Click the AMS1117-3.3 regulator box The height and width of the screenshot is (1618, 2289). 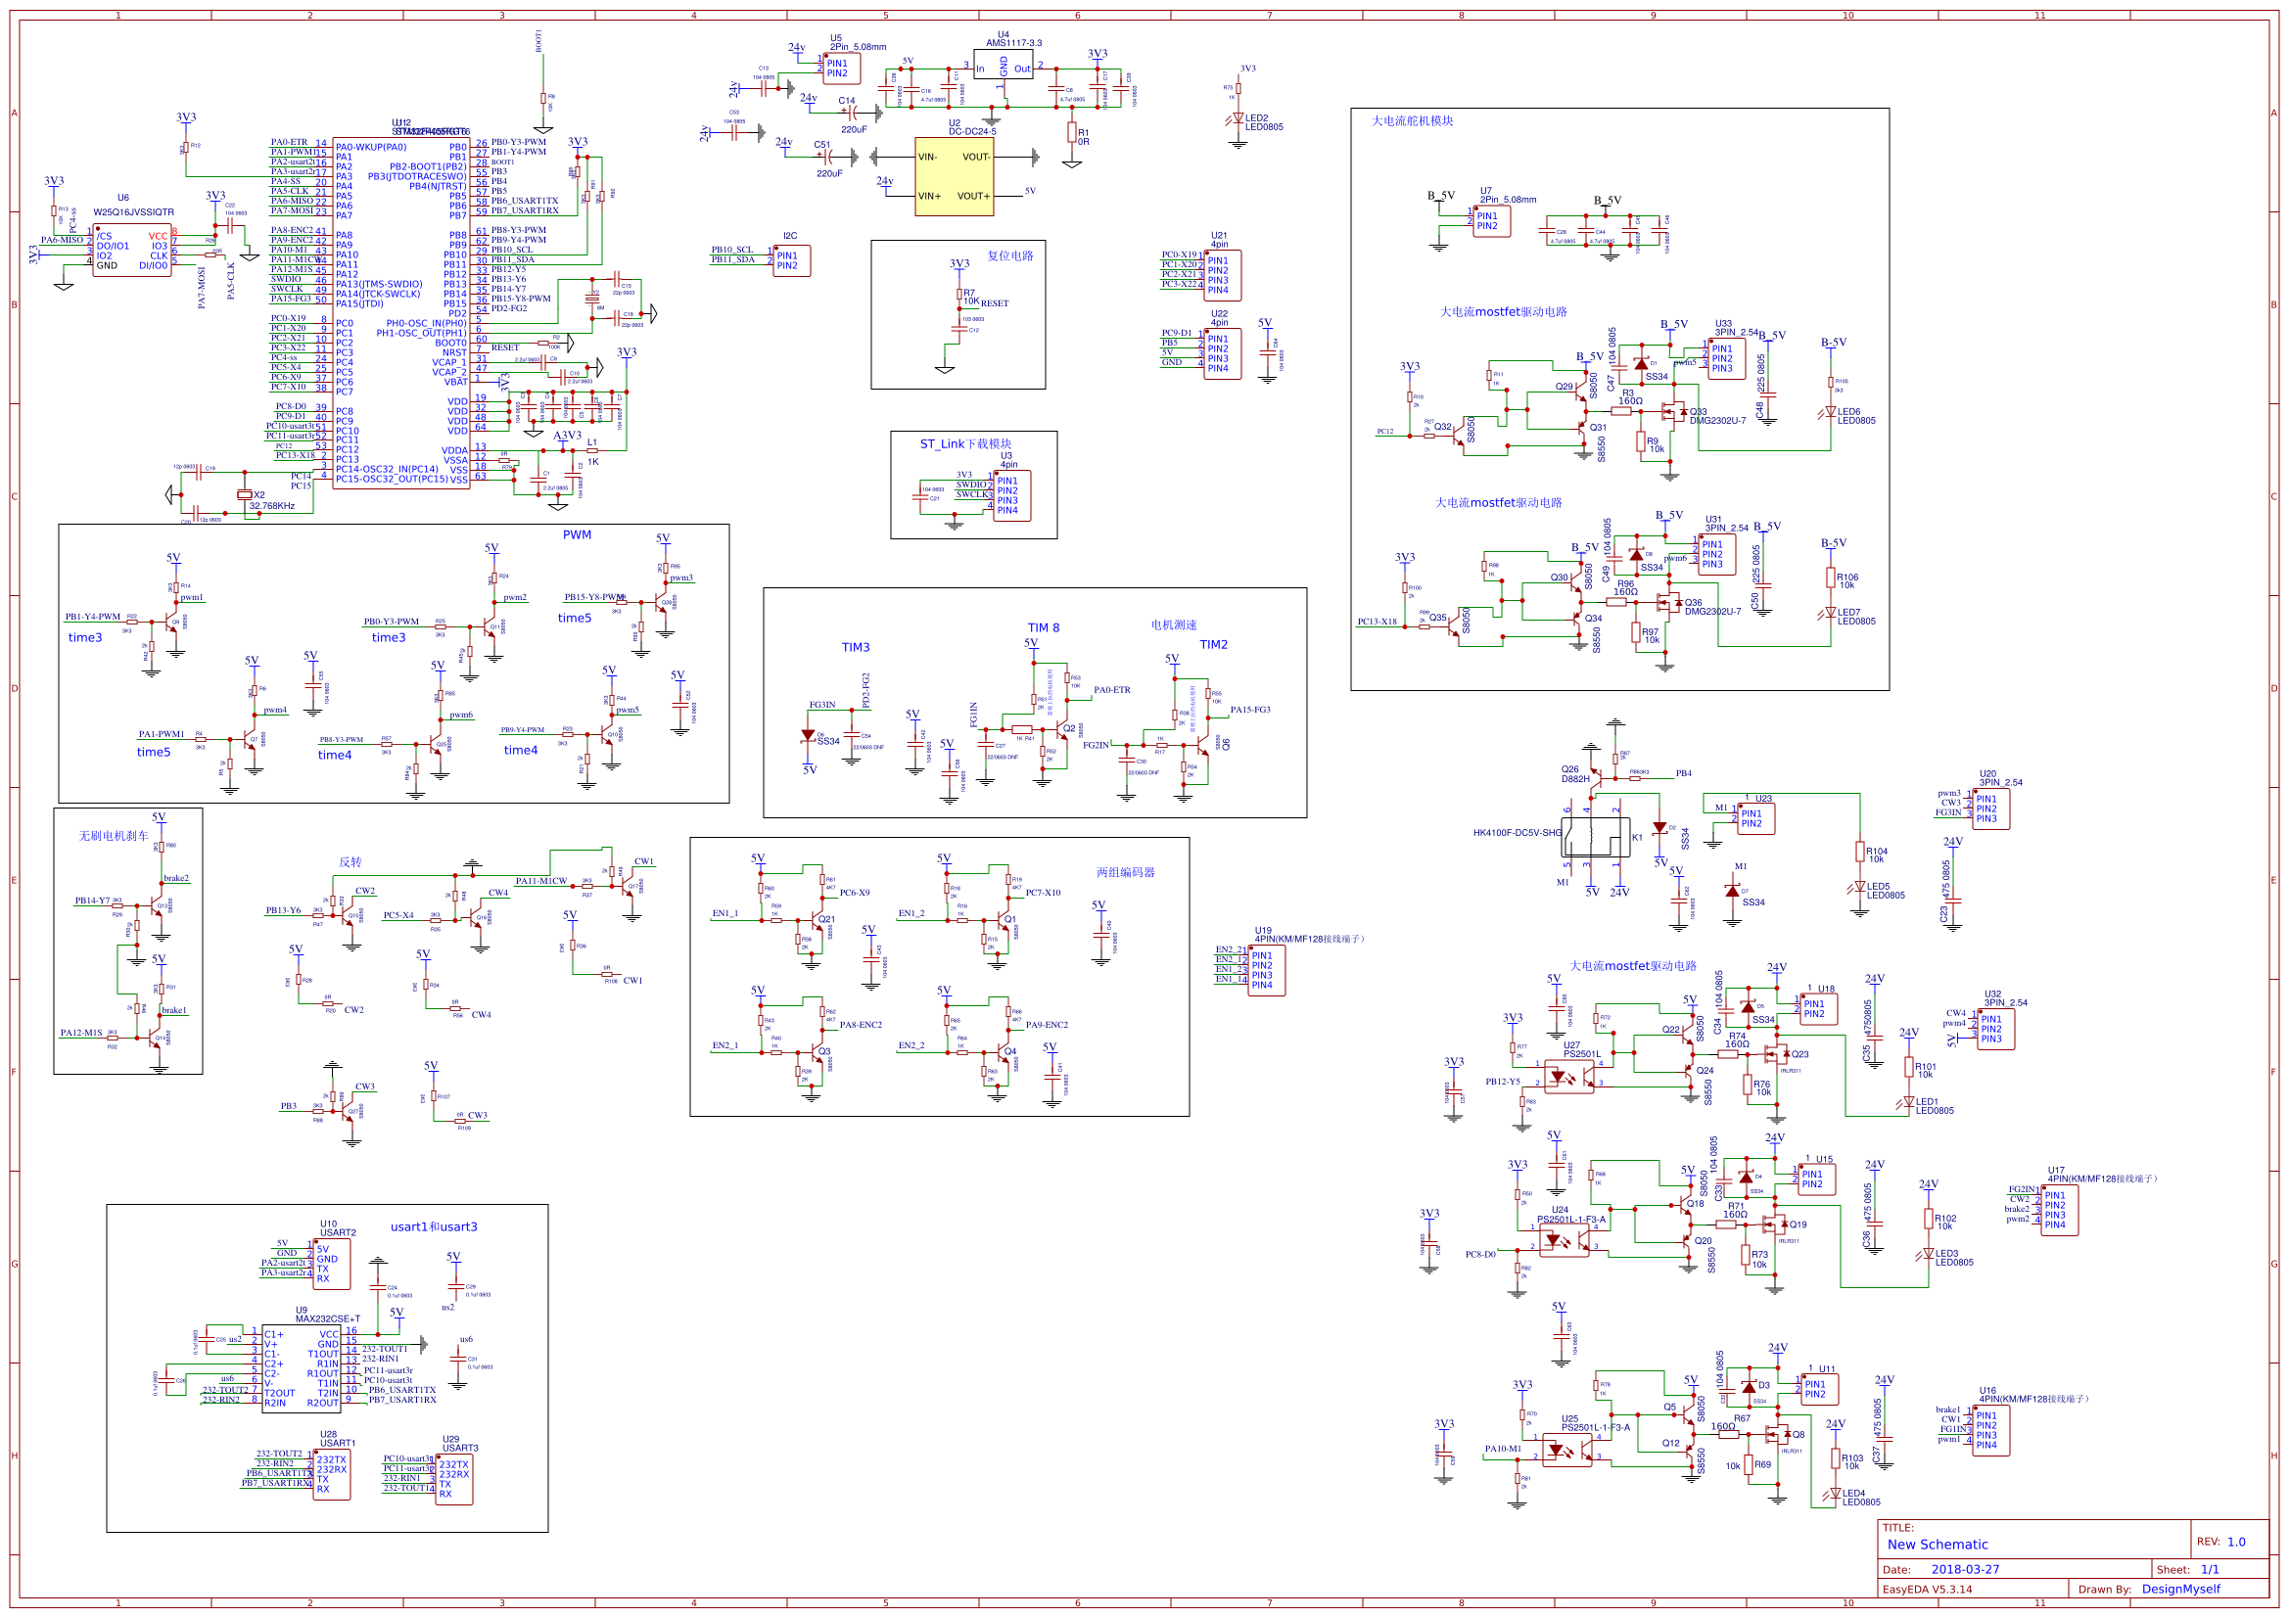pos(1003,66)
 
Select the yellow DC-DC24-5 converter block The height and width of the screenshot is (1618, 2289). pos(955,176)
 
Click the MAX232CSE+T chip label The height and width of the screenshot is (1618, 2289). pos(327,1318)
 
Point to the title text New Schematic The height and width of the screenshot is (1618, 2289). pos(1938,1545)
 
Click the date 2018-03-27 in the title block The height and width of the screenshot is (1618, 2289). pos(1965,1569)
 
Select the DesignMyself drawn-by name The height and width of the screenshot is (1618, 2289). pos(2180,1589)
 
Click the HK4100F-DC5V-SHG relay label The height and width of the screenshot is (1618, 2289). pos(1517,832)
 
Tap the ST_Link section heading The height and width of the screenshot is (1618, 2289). pos(965,443)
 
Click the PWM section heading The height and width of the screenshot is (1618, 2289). pos(577,534)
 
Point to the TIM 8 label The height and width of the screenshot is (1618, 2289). pos(1043,627)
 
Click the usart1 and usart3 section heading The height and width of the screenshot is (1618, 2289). pos(434,1226)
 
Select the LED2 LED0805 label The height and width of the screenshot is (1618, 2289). pos(1263,122)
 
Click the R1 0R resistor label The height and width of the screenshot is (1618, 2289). pos(1083,137)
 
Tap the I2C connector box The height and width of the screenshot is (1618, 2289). pos(792,260)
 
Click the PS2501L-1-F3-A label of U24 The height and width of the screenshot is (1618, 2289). pos(1571,1220)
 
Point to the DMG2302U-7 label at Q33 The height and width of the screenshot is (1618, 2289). pos(1717,421)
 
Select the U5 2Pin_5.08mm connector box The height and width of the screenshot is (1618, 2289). pos(841,69)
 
